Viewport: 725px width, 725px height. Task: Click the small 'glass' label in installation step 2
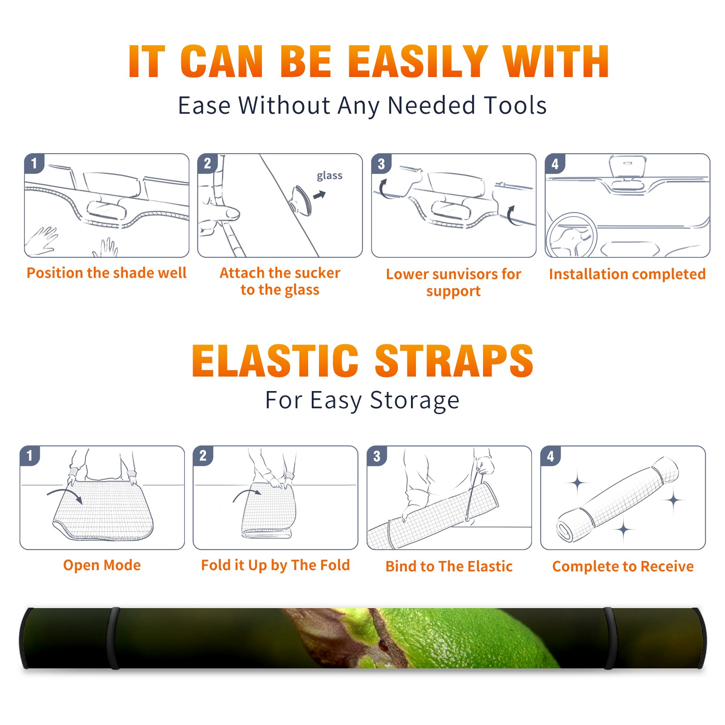coord(329,176)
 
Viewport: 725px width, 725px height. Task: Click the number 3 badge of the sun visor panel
coord(381,164)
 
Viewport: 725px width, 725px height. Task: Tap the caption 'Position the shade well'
coord(106,273)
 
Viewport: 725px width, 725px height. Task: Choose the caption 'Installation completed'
coord(627,274)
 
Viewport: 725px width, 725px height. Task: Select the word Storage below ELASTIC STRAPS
coord(415,401)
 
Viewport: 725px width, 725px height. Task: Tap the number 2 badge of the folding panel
coord(203,455)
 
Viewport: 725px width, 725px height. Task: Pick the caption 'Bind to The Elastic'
coord(449,566)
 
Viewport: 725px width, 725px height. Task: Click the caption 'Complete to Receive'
coord(623,566)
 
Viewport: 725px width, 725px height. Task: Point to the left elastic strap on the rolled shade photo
coord(113,638)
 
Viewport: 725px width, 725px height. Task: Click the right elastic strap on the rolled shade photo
coord(610,638)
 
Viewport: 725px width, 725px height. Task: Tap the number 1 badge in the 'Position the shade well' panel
coord(34,163)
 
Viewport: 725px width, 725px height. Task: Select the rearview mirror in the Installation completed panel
coord(627,166)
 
